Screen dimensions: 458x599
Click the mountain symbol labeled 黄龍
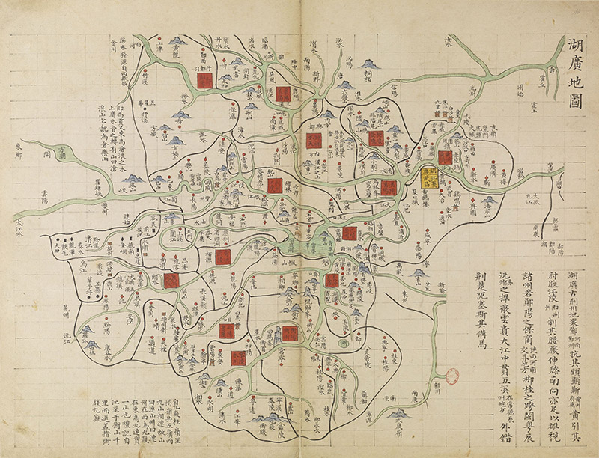click(x=177, y=41)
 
